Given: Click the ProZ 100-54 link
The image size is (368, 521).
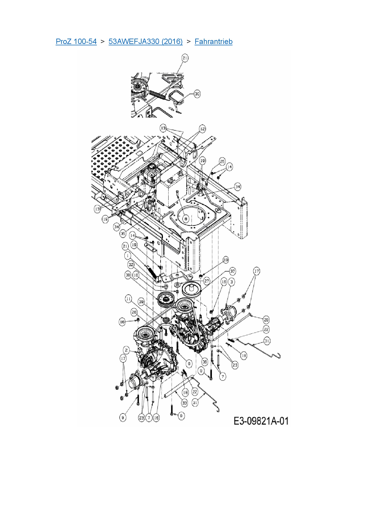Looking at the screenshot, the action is point(76,42).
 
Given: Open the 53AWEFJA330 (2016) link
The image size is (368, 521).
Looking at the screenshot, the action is point(145,42).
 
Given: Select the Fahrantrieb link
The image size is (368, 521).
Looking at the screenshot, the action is point(213,42).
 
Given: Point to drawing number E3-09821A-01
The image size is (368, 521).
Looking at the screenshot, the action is point(261,421).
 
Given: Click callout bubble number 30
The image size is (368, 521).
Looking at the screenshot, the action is point(197,94).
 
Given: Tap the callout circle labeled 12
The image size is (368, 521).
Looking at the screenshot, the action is point(202,129).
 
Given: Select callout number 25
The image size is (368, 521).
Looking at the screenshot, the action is point(222,161).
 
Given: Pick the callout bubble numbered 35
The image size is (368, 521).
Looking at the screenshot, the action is point(123,234).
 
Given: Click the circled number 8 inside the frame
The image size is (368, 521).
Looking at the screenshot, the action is point(185,219).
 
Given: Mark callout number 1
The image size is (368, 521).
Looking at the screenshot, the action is point(128,255).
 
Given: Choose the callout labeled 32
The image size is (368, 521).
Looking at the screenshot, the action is point(131,265).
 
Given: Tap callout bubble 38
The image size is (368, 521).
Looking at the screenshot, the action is point(128,275).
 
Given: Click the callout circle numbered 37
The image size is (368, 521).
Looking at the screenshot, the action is point(233,271).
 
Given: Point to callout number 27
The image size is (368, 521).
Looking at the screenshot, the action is point(207,281).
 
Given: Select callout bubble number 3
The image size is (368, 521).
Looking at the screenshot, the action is point(231,282).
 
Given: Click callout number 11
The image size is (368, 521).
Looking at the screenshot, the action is point(128,299).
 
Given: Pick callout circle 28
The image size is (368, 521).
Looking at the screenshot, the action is point(266,320).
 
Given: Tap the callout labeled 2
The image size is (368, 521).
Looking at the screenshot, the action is point(126,350).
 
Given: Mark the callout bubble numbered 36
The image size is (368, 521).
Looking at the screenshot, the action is point(204,362).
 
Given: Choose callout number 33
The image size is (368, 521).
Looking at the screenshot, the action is point(185,403).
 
